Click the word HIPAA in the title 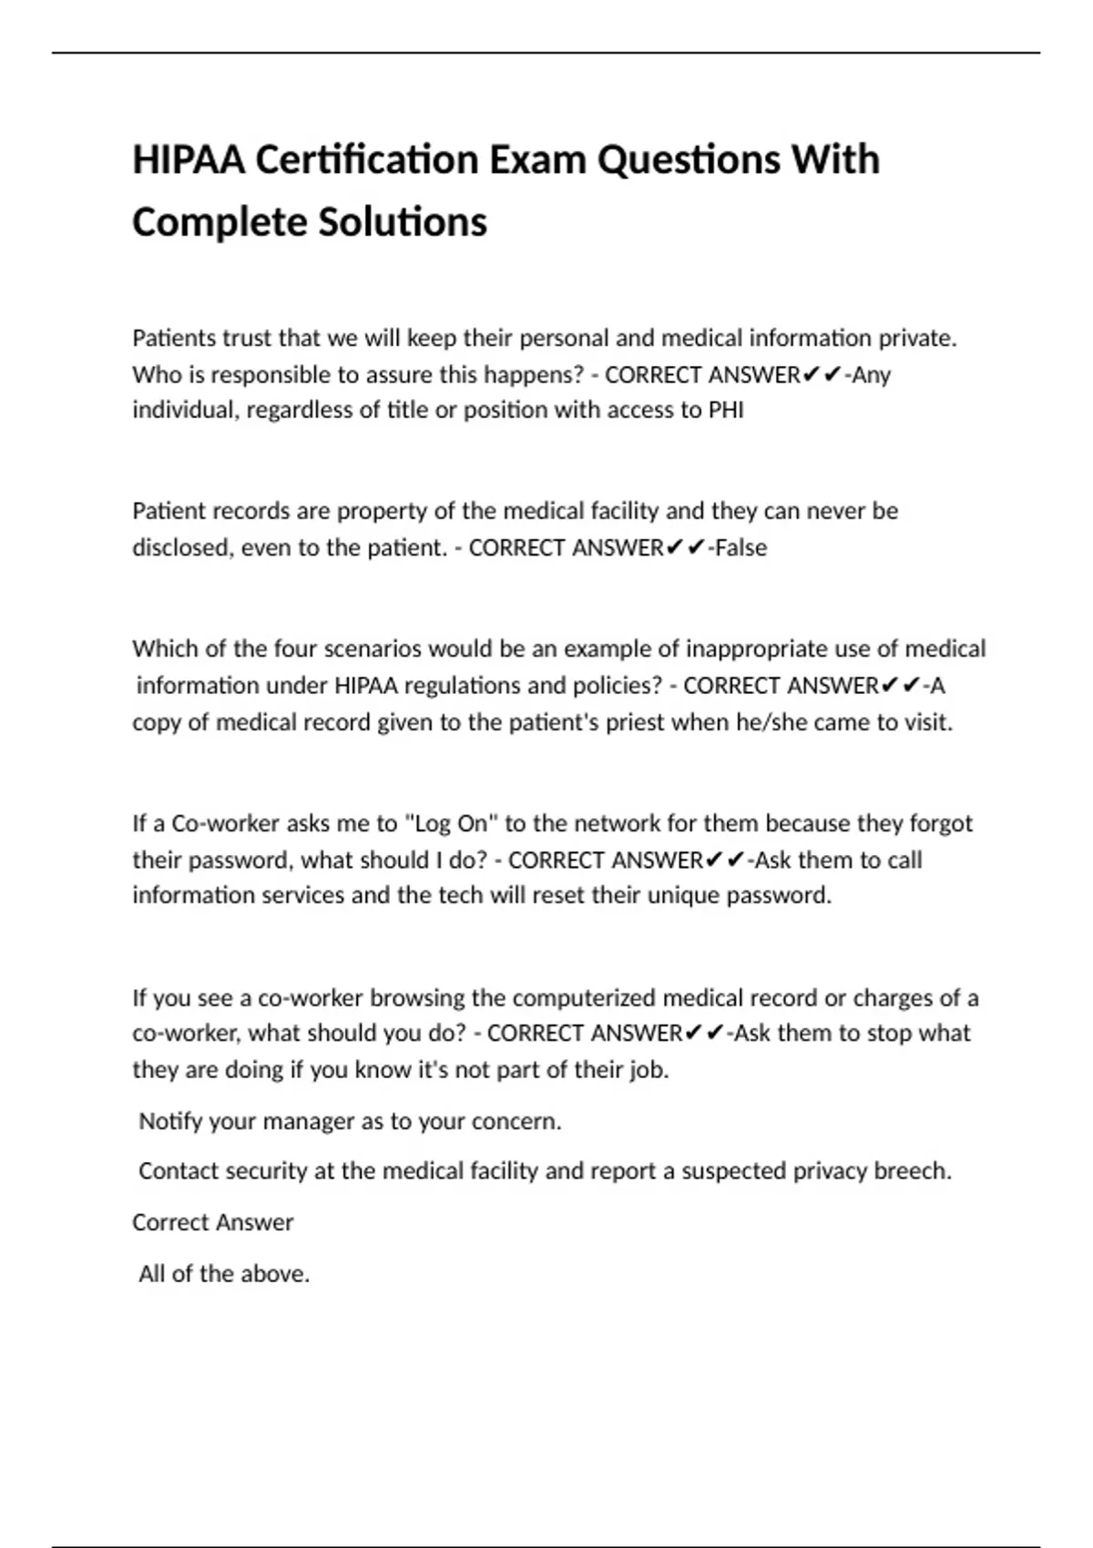coord(189,160)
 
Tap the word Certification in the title coord(366,160)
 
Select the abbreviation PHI coord(726,410)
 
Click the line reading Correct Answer coord(213,1222)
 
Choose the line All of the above coord(224,1274)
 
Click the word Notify coord(170,1121)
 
